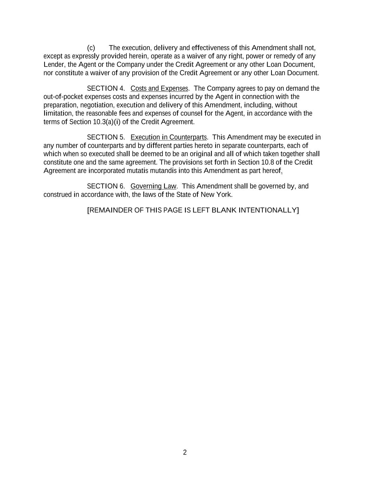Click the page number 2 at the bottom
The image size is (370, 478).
click(185, 452)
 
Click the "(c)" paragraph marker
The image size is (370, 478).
click(91, 48)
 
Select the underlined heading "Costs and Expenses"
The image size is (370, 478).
click(159, 88)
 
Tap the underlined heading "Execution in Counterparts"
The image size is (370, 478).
click(168, 137)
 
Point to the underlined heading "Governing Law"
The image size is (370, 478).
click(153, 186)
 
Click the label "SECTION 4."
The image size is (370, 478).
click(106, 88)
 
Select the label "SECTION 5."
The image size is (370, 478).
click(106, 137)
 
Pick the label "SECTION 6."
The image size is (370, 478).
click(106, 186)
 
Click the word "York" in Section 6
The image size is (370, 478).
click(224, 195)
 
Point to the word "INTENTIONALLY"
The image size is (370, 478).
click(268, 210)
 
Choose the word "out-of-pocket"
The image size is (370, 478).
click(63, 97)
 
